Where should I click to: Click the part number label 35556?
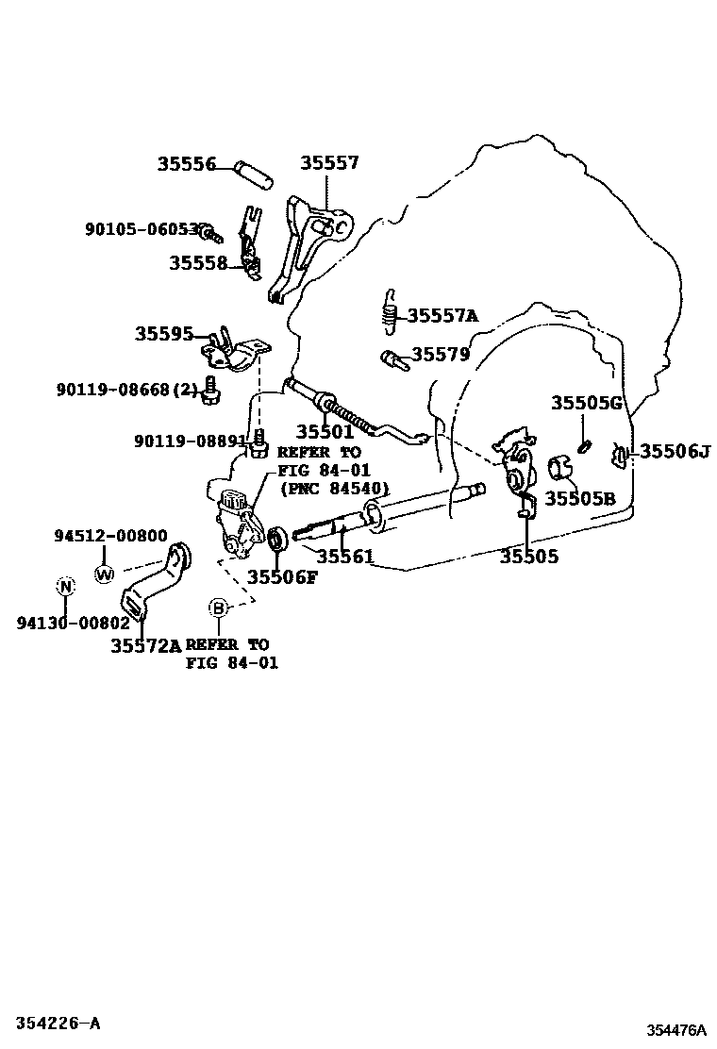[187, 164]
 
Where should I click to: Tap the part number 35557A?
[442, 315]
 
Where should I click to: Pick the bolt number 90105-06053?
[143, 229]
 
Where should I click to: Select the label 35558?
[198, 263]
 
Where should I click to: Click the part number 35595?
[163, 334]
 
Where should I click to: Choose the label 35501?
[325, 431]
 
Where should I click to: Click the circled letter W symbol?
[104, 573]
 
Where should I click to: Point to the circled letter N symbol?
[65, 587]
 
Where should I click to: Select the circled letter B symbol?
[219, 608]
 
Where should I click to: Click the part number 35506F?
[282, 576]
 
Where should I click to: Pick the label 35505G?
[587, 404]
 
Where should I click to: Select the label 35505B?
[579, 498]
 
